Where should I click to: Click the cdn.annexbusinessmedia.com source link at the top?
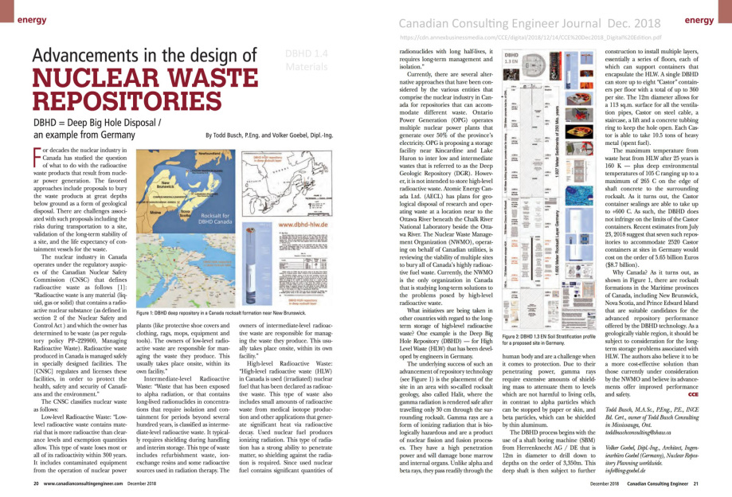click(515, 37)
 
